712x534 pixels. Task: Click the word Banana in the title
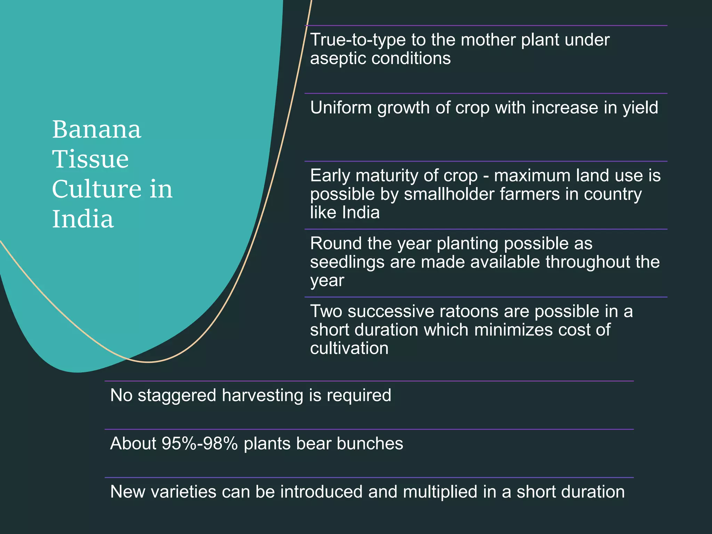(97, 129)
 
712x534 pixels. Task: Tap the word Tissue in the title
(90, 159)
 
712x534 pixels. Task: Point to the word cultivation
(349, 348)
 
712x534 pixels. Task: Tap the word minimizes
(513, 330)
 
